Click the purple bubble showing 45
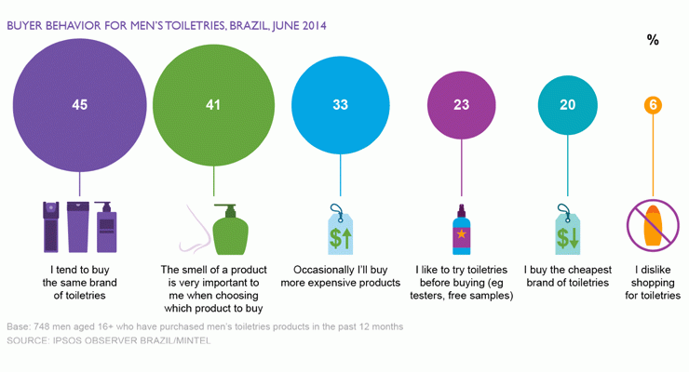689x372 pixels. click(79, 105)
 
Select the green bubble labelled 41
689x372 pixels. click(213, 105)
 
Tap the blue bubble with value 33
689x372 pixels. click(341, 105)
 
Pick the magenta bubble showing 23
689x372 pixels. click(462, 105)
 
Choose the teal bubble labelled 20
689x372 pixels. click(568, 105)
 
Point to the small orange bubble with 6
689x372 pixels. click(653, 105)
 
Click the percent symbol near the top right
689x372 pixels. click(653, 40)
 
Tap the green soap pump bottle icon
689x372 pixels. click(231, 230)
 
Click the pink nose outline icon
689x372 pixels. click(196, 229)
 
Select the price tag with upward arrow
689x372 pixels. click(340, 229)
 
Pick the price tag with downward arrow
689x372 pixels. click(567, 229)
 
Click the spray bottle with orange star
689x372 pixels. click(462, 230)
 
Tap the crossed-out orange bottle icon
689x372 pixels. click(653, 225)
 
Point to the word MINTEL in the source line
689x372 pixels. click(194, 340)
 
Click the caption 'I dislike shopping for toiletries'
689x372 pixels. click(653, 283)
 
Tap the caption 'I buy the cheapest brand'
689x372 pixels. click(568, 276)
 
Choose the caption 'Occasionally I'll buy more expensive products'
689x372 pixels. click(341, 276)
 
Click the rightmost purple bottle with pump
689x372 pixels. click(106, 227)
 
